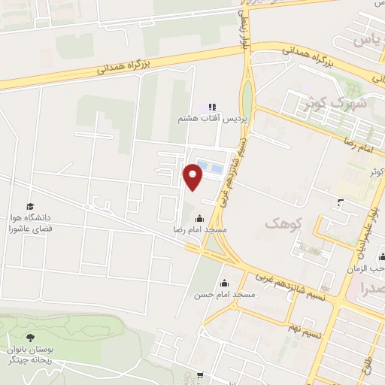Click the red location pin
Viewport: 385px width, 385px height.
tap(193, 177)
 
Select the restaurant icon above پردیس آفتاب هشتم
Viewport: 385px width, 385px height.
tap(212, 108)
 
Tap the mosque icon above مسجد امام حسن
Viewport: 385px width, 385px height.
tap(224, 283)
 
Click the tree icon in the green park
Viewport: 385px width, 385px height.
tap(31, 338)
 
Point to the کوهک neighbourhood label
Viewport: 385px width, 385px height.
tap(281, 223)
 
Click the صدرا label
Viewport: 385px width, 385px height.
tap(374, 288)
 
